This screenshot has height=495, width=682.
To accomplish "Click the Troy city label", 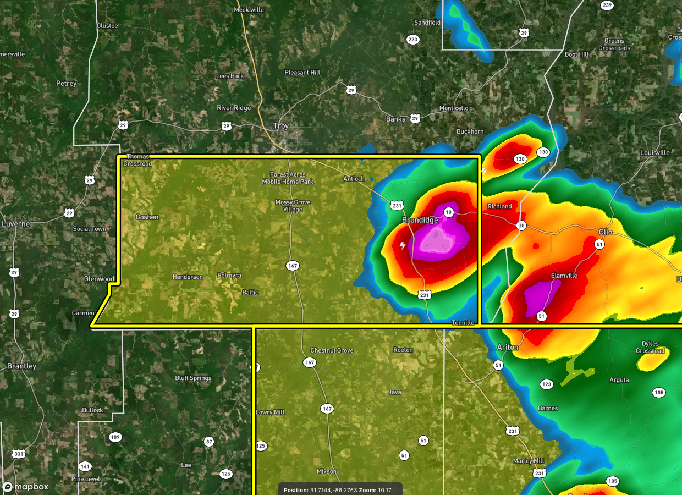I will (x=280, y=126).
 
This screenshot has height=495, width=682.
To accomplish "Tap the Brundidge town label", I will (x=420, y=220).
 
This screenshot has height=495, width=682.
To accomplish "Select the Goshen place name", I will (x=147, y=217).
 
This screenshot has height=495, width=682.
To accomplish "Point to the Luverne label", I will (x=16, y=224).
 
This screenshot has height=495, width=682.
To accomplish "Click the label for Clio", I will (x=605, y=232).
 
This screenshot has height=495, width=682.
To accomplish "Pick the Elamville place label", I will (x=564, y=276).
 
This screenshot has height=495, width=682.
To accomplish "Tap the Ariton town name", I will (x=507, y=347).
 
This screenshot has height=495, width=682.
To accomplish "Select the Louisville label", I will (x=655, y=152).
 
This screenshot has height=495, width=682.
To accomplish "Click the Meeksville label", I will (x=249, y=10).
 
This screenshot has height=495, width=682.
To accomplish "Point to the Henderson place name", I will (x=188, y=277).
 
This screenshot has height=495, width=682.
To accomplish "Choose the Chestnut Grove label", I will (x=332, y=350).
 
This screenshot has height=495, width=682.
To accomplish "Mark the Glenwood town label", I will (x=99, y=279).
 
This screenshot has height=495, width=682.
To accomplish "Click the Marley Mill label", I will (x=528, y=461).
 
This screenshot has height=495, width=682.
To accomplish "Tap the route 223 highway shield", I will (x=413, y=39).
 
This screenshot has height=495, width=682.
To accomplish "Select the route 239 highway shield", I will (x=607, y=5).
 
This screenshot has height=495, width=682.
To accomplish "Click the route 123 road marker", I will (x=546, y=384).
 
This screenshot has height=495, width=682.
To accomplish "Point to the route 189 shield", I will (x=115, y=437).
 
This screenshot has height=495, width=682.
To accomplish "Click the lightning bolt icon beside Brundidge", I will (x=403, y=246).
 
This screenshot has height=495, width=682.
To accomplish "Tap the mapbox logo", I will (x=25, y=487).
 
